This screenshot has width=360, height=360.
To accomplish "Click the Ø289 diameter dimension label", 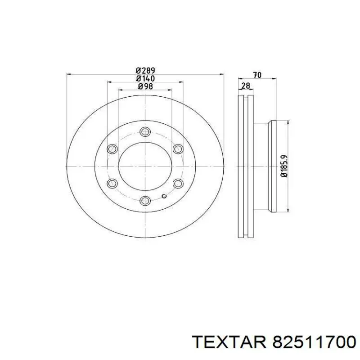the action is coord(145,70).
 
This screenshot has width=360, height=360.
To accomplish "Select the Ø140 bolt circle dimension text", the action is coord(145,78).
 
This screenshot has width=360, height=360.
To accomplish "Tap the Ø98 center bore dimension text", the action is coord(145,86).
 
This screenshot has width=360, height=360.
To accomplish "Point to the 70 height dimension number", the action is coord(257,75).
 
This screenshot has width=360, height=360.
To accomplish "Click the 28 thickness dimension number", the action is coord(245,86).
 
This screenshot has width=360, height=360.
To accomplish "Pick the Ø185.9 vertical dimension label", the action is coord(284,166).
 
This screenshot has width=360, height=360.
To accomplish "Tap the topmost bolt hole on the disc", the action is coord(145,132).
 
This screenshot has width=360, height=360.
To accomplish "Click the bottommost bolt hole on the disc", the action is coord(145,200).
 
